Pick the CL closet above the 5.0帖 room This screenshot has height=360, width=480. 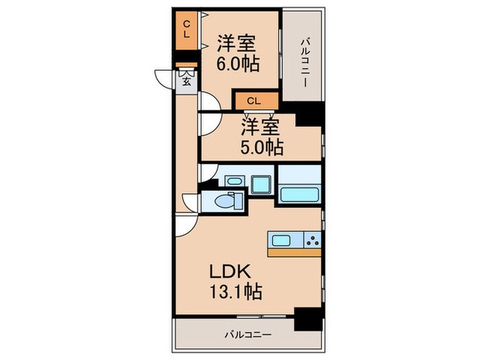254,101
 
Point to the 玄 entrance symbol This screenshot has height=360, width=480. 186,81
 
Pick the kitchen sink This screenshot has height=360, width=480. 283,241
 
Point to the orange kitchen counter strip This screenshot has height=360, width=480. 294,252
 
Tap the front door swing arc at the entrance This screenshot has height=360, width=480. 163,79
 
